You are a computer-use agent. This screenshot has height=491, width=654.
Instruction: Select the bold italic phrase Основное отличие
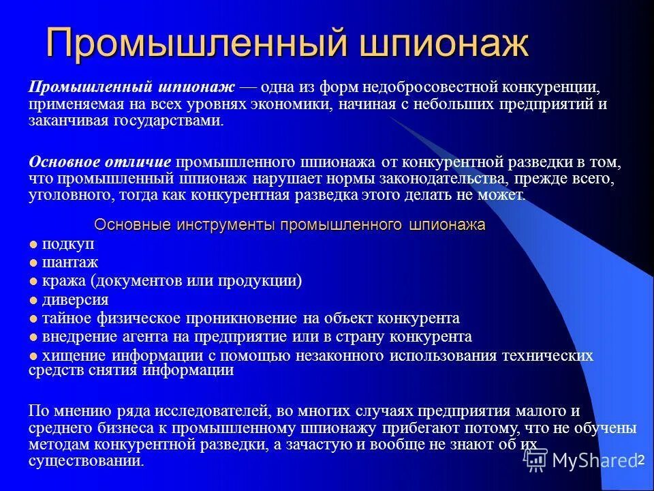point(100,162)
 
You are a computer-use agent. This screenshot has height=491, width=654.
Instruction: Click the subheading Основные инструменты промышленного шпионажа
point(290,226)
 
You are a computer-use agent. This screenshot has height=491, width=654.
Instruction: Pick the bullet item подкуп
point(68,244)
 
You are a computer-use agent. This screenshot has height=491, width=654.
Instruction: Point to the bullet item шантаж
point(70,263)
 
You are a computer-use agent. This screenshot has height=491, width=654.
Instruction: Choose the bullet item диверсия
point(76,299)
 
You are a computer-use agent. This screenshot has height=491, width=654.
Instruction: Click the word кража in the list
point(63,281)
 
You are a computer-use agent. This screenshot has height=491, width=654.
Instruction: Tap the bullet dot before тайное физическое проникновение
point(33,318)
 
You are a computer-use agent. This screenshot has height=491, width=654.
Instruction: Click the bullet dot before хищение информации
point(33,355)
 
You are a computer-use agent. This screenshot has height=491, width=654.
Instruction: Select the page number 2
point(640,461)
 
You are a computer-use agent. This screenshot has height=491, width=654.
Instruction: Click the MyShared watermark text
point(594,460)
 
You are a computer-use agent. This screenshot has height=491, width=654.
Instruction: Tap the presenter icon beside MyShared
point(536,460)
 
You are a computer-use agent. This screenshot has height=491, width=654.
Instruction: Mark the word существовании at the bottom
point(85,461)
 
